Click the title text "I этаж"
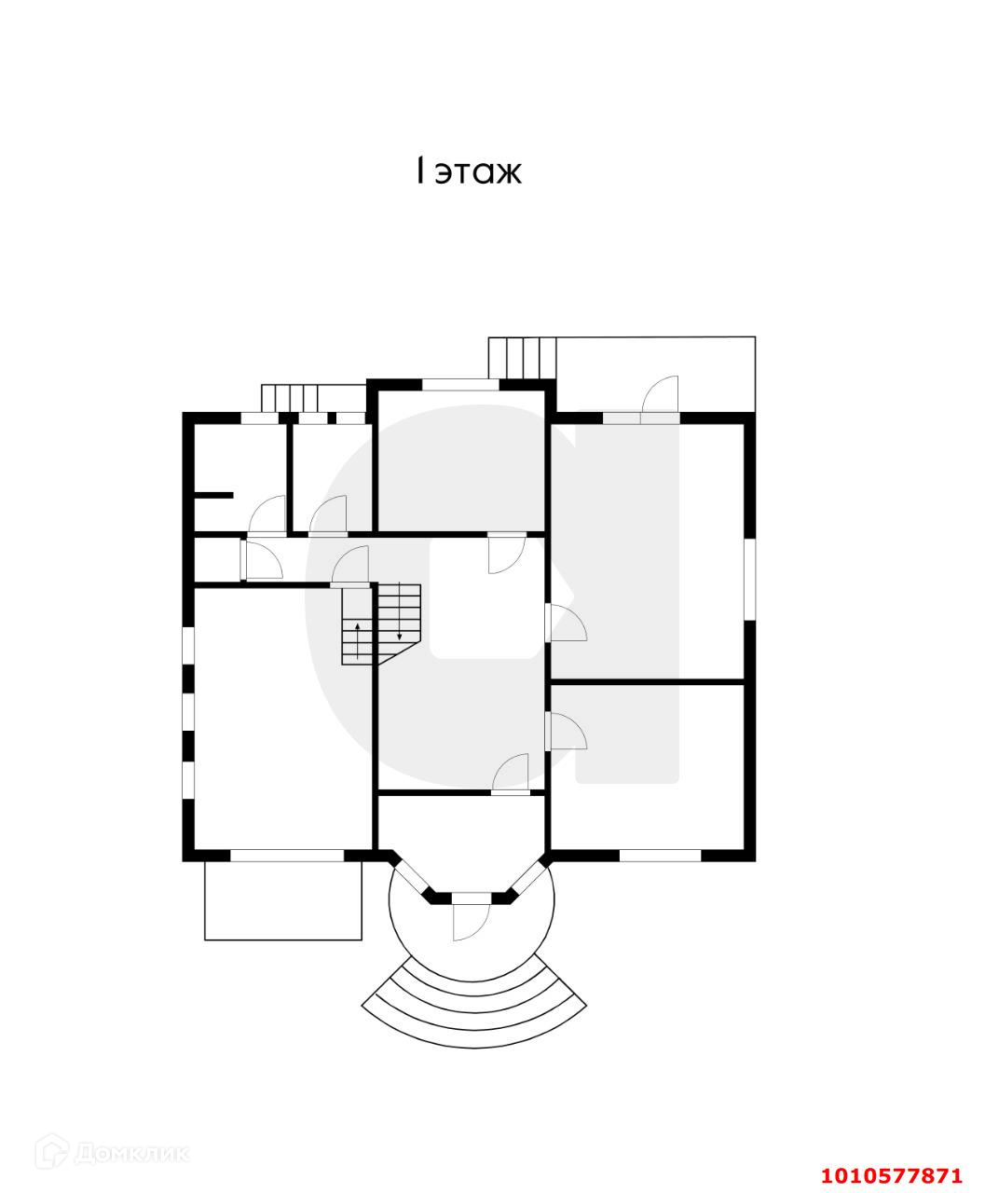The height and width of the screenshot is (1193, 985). pos(469,171)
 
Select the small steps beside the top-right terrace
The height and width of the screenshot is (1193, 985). pos(522,357)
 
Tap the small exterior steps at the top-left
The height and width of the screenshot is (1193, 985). pos(291,397)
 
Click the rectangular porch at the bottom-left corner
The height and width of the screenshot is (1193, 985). pos(283,900)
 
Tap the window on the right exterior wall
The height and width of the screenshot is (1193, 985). pos(749,579)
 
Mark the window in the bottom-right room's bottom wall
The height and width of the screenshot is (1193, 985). pos(660,855)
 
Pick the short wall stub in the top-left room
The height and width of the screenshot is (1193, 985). pos(212,496)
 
